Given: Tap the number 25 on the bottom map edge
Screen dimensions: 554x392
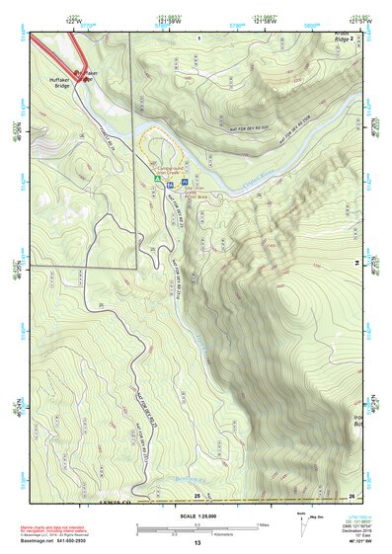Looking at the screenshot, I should [196, 495].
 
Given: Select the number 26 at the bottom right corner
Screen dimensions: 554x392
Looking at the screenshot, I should [352, 495].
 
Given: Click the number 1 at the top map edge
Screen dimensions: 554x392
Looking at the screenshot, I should [197, 38].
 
